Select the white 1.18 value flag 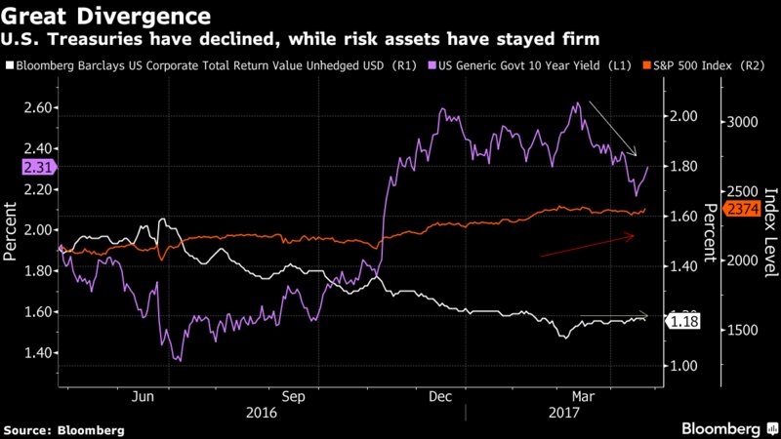(679, 320)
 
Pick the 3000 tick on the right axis (744, 123)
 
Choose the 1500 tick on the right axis (744, 331)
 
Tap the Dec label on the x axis (440, 397)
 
